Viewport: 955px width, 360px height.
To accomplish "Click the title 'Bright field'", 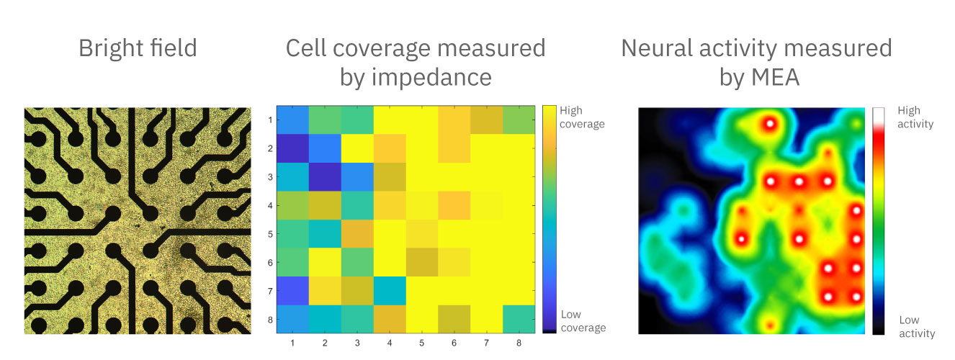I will [x=138, y=49].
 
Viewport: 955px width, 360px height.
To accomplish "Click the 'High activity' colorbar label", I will [x=915, y=117].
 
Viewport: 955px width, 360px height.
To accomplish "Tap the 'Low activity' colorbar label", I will [x=917, y=327].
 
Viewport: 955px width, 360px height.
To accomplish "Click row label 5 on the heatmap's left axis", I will [x=269, y=234].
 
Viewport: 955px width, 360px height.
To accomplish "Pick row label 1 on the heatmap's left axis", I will [x=269, y=120].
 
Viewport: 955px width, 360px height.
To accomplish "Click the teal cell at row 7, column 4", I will [x=390, y=290].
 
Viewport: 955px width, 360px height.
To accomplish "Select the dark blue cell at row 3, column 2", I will [x=325, y=176].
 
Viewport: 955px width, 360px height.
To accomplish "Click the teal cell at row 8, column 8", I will [x=519, y=318].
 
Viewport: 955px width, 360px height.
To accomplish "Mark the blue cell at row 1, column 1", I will [x=292, y=120].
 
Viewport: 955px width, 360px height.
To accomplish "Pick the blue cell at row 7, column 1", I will [x=292, y=290].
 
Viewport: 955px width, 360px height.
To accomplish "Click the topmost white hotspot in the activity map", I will [x=769, y=124].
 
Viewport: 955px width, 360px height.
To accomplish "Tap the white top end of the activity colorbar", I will [x=878, y=113].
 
